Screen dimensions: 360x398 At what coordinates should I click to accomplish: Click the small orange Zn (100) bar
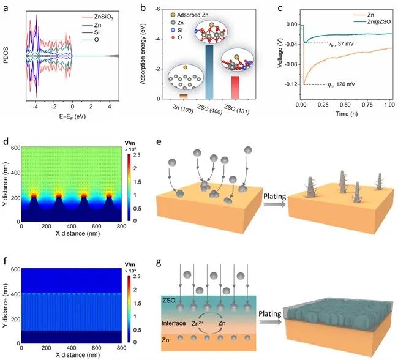click(182, 96)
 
